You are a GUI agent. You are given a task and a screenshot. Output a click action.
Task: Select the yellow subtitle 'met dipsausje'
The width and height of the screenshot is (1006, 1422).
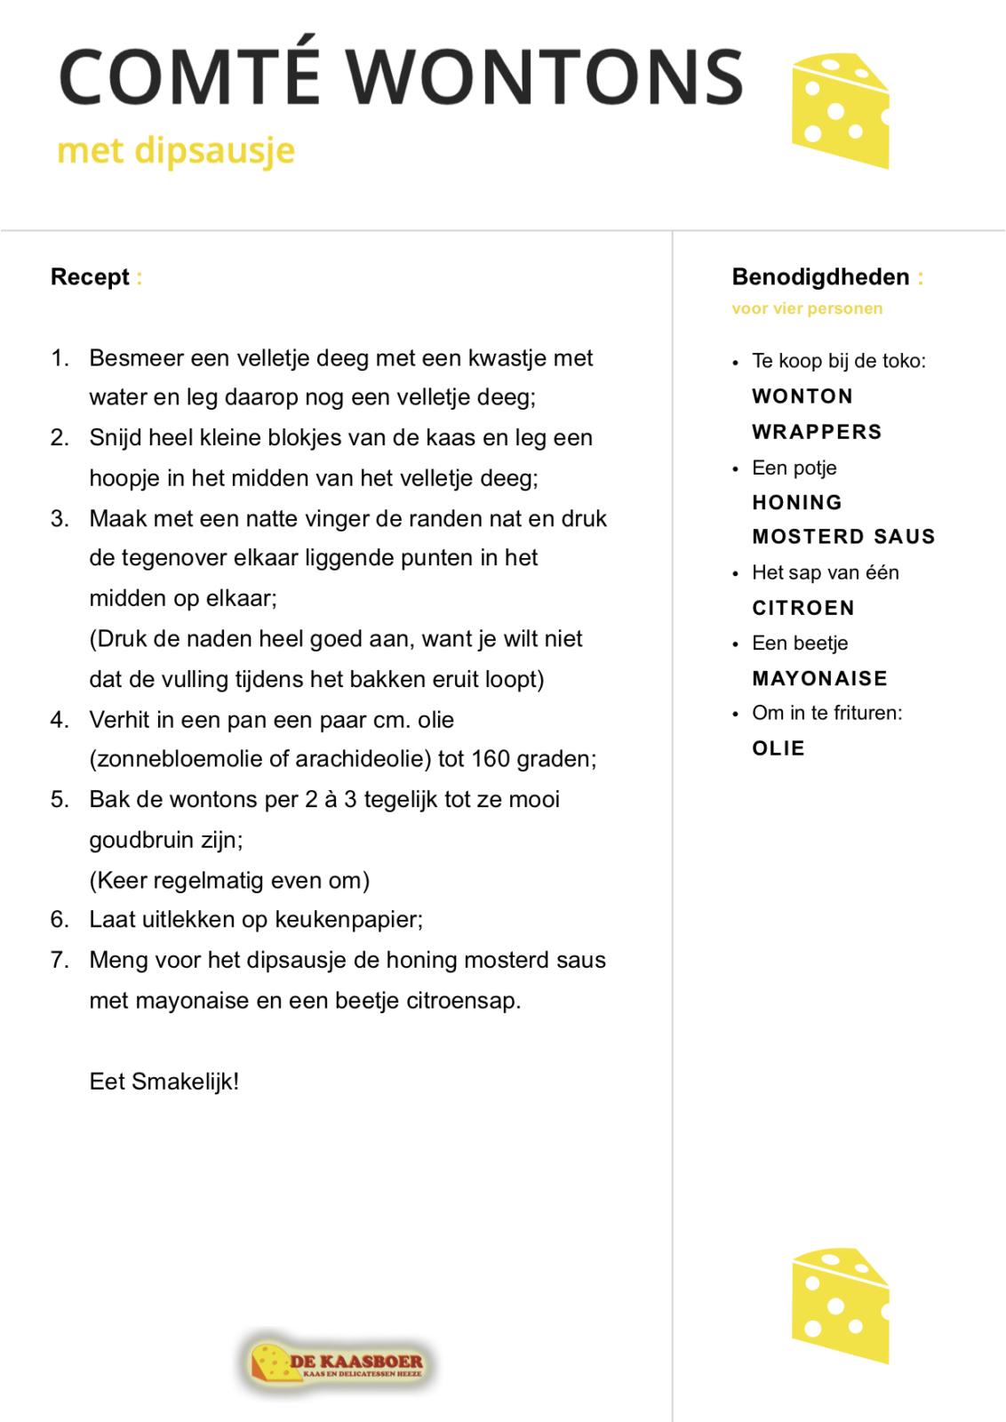[x=175, y=151]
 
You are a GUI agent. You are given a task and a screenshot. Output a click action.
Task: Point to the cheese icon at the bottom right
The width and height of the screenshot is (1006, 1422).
[x=839, y=1306]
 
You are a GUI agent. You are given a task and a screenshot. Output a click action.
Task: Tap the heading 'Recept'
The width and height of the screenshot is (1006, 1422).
[x=90, y=277]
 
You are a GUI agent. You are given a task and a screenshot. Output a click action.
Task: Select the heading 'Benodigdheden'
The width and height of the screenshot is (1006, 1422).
[x=820, y=277]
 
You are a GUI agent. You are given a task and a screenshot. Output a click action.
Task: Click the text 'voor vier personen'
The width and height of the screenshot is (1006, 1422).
[x=807, y=309]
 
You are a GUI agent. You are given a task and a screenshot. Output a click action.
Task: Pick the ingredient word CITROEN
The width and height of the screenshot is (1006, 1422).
[x=803, y=608]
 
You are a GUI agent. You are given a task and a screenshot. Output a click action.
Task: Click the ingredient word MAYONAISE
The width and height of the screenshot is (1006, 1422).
[x=819, y=678]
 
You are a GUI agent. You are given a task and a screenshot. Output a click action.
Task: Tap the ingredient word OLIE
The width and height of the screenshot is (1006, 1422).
[x=778, y=748]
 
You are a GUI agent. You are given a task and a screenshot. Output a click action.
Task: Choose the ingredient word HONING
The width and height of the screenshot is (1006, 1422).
[x=797, y=502]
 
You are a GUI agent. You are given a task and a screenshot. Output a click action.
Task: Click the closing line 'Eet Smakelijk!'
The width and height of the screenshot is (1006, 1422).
[x=164, y=1082]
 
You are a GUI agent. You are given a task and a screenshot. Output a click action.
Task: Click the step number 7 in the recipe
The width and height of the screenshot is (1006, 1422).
[x=60, y=960]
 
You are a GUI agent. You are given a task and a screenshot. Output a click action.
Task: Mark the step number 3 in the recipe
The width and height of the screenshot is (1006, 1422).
[x=60, y=518]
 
